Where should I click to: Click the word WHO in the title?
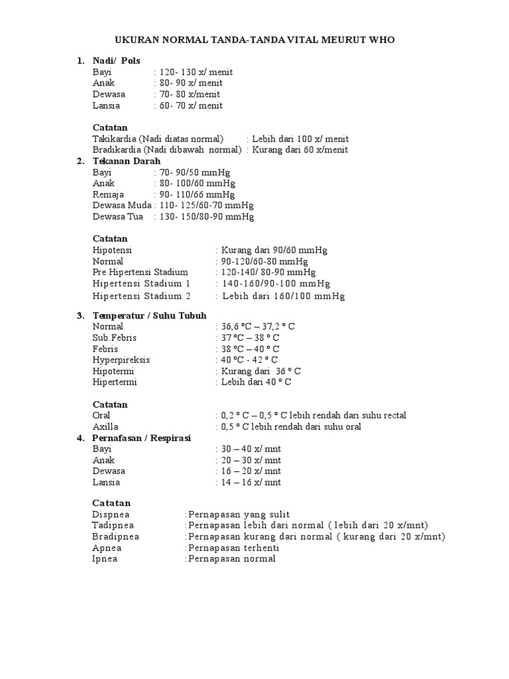click(x=381, y=40)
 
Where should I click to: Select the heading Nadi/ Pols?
click(x=117, y=61)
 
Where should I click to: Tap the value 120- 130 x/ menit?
click(x=191, y=72)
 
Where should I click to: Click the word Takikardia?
click(x=115, y=139)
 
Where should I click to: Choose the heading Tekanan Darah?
click(x=127, y=161)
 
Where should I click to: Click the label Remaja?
click(x=107, y=194)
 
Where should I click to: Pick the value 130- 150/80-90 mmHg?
click(x=206, y=217)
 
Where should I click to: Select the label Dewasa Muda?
click(x=122, y=206)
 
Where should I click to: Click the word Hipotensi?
click(x=113, y=250)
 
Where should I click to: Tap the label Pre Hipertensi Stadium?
click(x=141, y=272)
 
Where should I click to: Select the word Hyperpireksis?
click(x=121, y=359)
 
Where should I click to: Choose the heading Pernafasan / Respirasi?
click(x=142, y=438)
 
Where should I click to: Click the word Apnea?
click(x=107, y=548)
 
